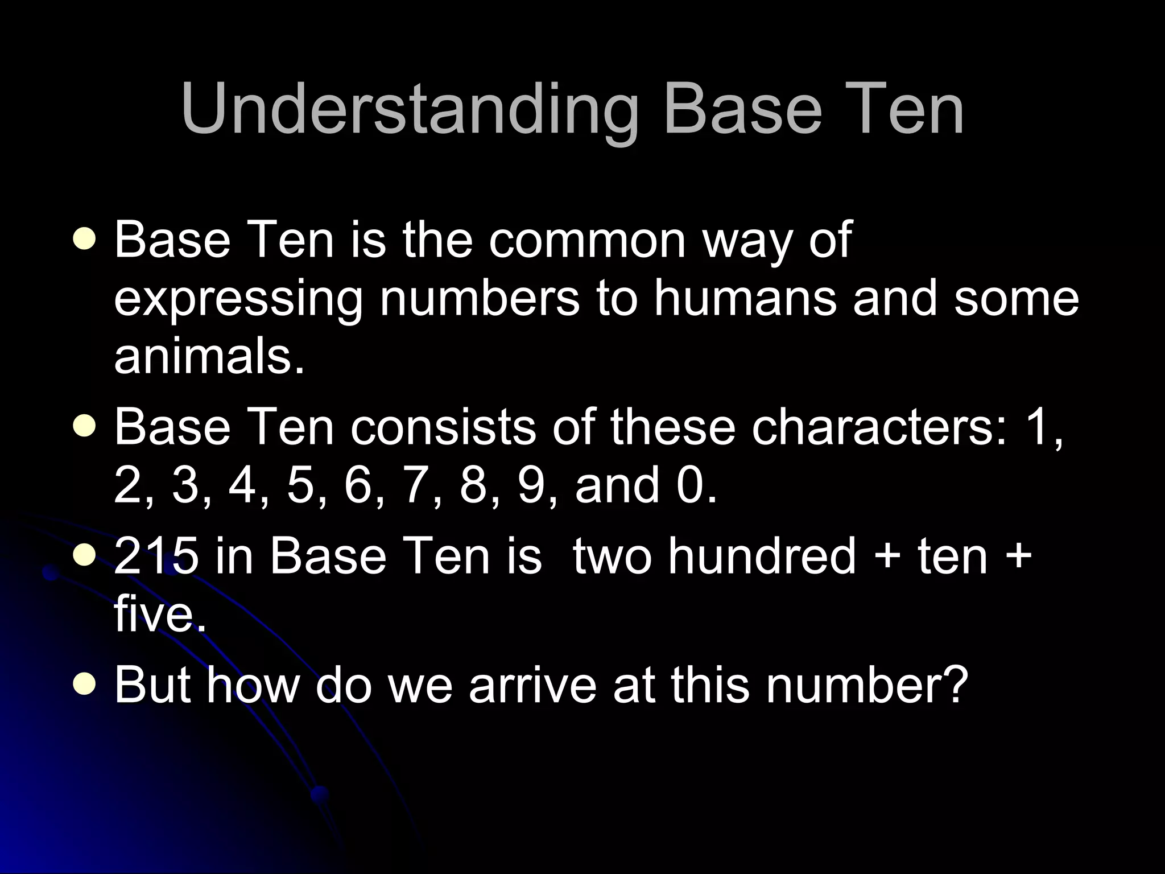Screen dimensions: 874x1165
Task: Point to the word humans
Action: [745, 298]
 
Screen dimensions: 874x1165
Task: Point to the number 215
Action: [156, 556]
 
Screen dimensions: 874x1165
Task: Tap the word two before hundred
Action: [613, 556]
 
